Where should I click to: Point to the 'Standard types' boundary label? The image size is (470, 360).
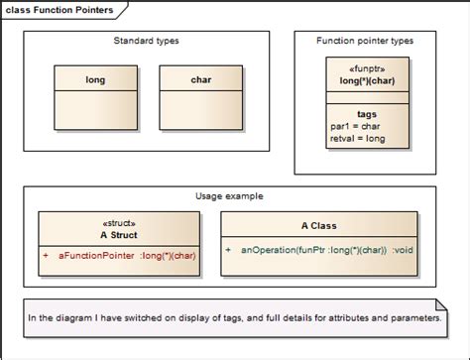pos(147,41)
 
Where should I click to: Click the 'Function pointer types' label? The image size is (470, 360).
pos(365,41)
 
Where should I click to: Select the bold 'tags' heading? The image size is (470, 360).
pos(367,114)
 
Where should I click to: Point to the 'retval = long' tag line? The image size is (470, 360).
pos(356,139)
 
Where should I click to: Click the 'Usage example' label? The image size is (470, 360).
pos(229,196)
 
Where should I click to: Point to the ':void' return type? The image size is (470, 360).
pos(403,250)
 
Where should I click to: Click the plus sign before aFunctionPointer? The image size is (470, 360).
pos(45,256)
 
